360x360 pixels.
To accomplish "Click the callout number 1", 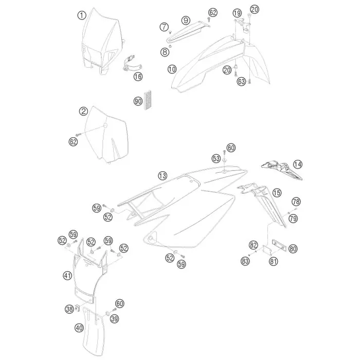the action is pos(82,15).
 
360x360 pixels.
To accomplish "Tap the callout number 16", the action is pos(138,77).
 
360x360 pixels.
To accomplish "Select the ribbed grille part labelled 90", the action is pos(147,100).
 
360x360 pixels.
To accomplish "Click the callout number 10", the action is pos(172,69).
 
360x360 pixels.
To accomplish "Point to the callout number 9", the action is pos(186,21).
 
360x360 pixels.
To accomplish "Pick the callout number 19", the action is pos(237,13).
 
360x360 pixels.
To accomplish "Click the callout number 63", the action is pos(241,81).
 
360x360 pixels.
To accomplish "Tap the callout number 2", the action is pos(83,112).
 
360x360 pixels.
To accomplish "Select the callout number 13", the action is pos(163,176).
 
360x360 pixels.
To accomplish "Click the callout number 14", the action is pos(298,165).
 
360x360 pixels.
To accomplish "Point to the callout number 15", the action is pos(277,193).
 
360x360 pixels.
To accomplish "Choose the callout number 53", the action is pos(216,158).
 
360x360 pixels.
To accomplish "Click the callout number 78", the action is pos(296,202).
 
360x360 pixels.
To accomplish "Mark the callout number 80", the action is pos(293,248).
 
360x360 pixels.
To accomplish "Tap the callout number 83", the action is pos(245,261).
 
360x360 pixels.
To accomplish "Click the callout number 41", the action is pos(67,275).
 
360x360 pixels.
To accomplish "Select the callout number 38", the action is pos(69,309).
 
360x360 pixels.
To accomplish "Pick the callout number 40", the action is pos(79,328).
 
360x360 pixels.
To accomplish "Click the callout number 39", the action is pos(114,319).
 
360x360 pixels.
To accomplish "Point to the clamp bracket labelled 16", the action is pos(132,63).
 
